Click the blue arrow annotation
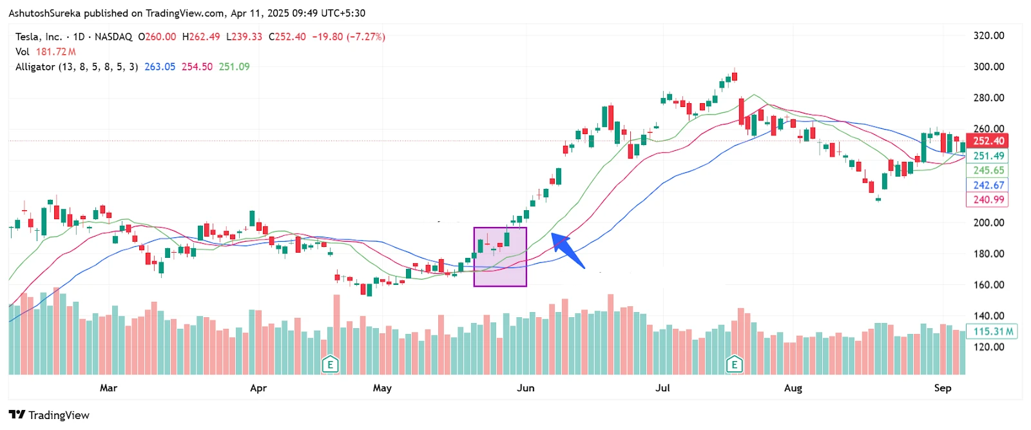(567, 249)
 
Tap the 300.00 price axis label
(988, 66)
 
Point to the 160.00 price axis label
(988, 284)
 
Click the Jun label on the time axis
(526, 388)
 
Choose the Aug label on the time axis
(793, 388)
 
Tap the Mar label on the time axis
(108, 388)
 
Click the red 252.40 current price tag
(988, 141)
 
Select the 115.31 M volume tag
(992, 331)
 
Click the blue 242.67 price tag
(988, 185)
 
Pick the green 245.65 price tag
(988, 170)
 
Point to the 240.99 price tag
(988, 200)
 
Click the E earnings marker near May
(330, 365)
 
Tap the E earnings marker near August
(734, 365)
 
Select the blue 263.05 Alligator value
(160, 66)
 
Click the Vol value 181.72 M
(56, 52)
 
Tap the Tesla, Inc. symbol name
(39, 37)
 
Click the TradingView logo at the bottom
(49, 415)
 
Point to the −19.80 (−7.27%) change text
(349, 37)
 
